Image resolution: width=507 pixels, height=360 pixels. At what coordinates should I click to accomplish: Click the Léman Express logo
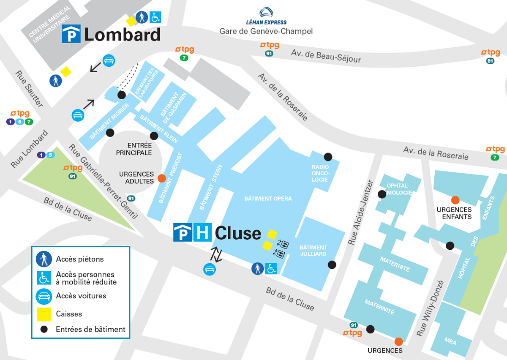click(x=266, y=16)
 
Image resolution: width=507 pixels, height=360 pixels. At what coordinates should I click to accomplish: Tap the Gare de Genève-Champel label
click(x=266, y=31)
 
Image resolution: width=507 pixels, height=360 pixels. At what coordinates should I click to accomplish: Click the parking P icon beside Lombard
click(x=71, y=34)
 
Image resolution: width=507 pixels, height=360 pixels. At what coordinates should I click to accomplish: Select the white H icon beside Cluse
click(x=202, y=233)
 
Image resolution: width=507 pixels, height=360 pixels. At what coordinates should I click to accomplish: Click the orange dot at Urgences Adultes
click(x=161, y=178)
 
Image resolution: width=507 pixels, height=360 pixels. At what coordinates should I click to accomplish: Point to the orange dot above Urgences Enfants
click(x=455, y=200)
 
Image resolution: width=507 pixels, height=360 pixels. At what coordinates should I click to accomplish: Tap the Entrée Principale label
click(x=134, y=149)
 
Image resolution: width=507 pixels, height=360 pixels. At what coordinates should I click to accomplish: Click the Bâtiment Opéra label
click(x=268, y=199)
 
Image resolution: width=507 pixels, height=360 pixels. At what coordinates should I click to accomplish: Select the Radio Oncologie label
click(x=320, y=173)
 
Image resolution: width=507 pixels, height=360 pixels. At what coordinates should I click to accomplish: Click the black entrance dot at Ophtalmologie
click(x=382, y=194)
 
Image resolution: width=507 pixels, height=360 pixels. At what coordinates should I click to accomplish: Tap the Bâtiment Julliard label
click(x=313, y=251)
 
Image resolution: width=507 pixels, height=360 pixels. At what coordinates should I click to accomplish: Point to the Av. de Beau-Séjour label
click(x=326, y=56)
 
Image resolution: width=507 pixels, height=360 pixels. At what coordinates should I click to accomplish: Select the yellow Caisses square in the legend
click(x=44, y=314)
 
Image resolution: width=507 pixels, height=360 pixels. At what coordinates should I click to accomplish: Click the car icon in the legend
click(x=44, y=296)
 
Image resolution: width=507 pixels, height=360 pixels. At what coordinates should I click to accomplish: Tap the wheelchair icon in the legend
click(x=44, y=278)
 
